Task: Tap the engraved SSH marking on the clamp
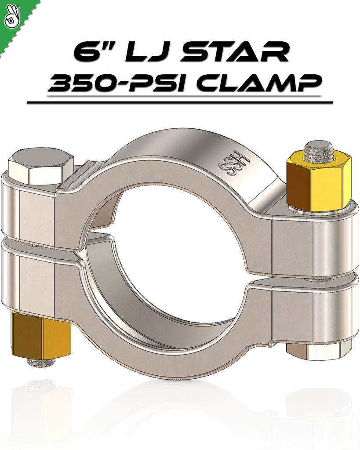(x=233, y=165)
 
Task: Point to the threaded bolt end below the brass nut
(x=40, y=363)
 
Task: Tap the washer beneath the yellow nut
(x=319, y=211)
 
